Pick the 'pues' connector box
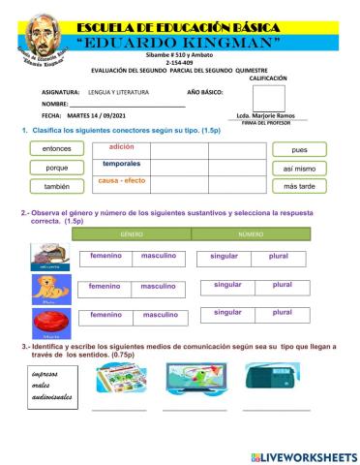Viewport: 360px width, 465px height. pos(299,150)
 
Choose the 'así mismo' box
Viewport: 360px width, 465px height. pos(299,168)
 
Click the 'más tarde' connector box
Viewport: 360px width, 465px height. pos(299,186)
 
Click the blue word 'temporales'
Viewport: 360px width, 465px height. pos(122,165)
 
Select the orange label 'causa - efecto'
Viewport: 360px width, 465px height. pos(122,181)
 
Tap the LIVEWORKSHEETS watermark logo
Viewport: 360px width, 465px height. pos(302,455)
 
